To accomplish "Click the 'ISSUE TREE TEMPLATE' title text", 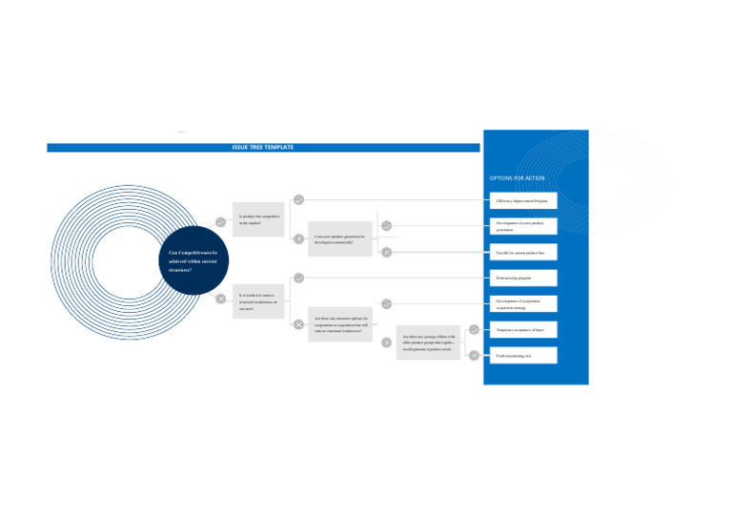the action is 263,148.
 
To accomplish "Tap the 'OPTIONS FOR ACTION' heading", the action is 517,178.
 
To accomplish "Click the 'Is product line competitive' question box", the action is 258,219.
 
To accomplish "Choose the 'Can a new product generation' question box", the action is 339,238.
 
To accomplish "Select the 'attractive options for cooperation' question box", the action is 339,323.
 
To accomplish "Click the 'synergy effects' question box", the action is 428,342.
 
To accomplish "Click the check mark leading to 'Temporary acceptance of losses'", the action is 474,329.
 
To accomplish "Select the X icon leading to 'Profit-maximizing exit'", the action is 474,355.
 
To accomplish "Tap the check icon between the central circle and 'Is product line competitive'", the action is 220,221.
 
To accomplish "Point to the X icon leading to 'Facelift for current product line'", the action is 386,252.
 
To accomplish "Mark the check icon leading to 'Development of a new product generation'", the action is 386,226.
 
